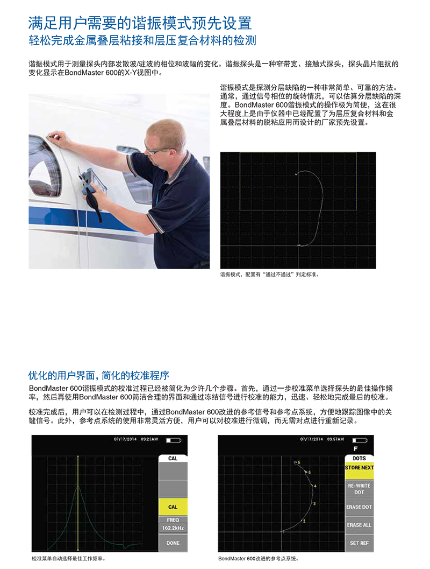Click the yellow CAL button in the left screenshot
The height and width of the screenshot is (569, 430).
coord(173,507)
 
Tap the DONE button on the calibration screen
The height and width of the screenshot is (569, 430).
coord(173,543)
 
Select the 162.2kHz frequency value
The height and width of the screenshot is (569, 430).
coord(173,528)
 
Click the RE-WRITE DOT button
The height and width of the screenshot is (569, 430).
coord(359,489)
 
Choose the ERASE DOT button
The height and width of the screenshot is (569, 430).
coord(359,507)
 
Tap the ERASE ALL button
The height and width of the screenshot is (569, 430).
coord(359,525)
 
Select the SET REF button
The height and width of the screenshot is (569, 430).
coord(359,543)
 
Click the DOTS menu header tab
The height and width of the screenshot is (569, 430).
coord(359,458)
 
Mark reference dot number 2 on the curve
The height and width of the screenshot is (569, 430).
coord(304,521)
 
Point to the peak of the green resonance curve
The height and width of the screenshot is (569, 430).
coord(78,485)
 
